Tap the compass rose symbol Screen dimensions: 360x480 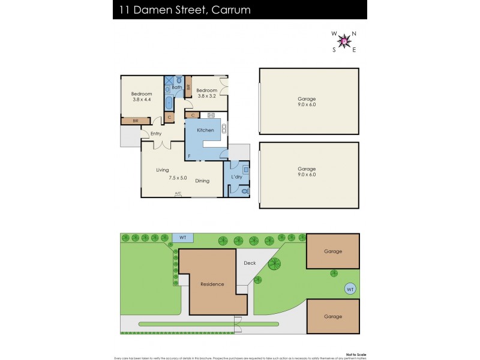(344, 41)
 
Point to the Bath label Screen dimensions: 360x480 (177, 88)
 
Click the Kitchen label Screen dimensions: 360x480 (206, 130)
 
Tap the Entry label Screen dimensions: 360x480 (156, 133)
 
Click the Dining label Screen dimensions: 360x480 (202, 181)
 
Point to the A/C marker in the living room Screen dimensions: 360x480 (178, 193)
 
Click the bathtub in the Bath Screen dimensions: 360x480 (169, 101)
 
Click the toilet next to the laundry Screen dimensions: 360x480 (246, 191)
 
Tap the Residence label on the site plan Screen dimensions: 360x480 (212, 284)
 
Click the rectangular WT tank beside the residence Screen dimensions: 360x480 (183, 238)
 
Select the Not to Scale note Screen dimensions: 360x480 (349, 346)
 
